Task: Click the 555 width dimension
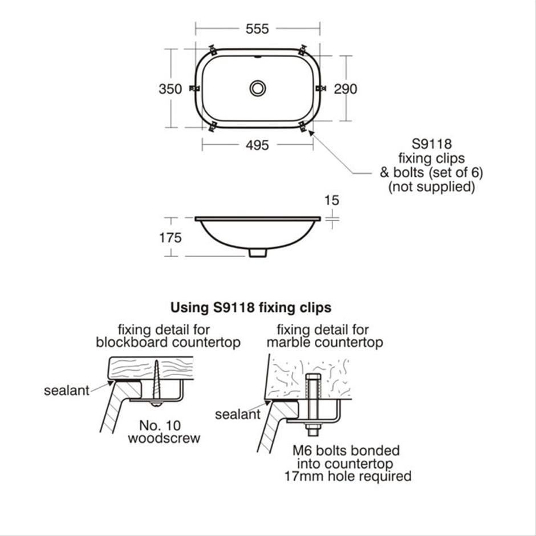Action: coord(257,29)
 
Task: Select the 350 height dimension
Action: coord(170,89)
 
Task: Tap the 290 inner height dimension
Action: coord(346,89)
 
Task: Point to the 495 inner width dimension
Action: coord(257,145)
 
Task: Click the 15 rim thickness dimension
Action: coord(332,200)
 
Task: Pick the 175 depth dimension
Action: coord(170,238)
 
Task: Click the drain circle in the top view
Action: coord(258,88)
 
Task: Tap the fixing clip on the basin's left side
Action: coord(194,88)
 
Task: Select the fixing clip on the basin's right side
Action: coord(320,88)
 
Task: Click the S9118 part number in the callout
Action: coord(432,144)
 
